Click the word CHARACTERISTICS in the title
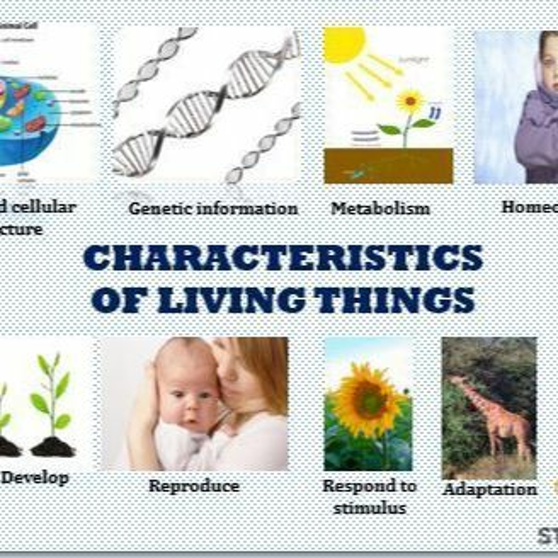[x=283, y=259]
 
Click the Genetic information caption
[x=213, y=209]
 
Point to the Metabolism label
[x=380, y=209]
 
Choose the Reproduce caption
[x=194, y=486]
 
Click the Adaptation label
[x=490, y=489]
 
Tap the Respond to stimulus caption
[x=369, y=497]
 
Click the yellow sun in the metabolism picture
[x=343, y=44]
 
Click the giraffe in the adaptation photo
[x=491, y=413]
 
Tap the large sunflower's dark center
[x=368, y=401]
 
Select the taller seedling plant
[x=52, y=398]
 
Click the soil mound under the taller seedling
[x=52, y=446]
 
